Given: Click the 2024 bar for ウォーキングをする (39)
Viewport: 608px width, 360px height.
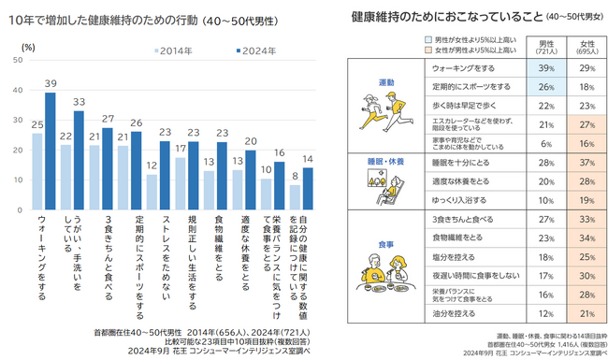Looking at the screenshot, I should tap(50, 150).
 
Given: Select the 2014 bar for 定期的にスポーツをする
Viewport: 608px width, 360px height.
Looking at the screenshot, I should tap(123, 177).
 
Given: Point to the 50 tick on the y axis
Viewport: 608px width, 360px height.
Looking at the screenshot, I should tap(18, 60).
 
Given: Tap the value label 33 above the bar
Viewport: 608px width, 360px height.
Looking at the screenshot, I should tap(79, 102).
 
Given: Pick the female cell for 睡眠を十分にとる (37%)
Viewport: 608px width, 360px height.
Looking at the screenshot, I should tap(586, 162).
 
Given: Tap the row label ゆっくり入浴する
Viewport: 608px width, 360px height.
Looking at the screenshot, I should tap(458, 200).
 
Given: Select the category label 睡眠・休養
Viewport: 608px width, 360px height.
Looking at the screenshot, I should tap(384, 161).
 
